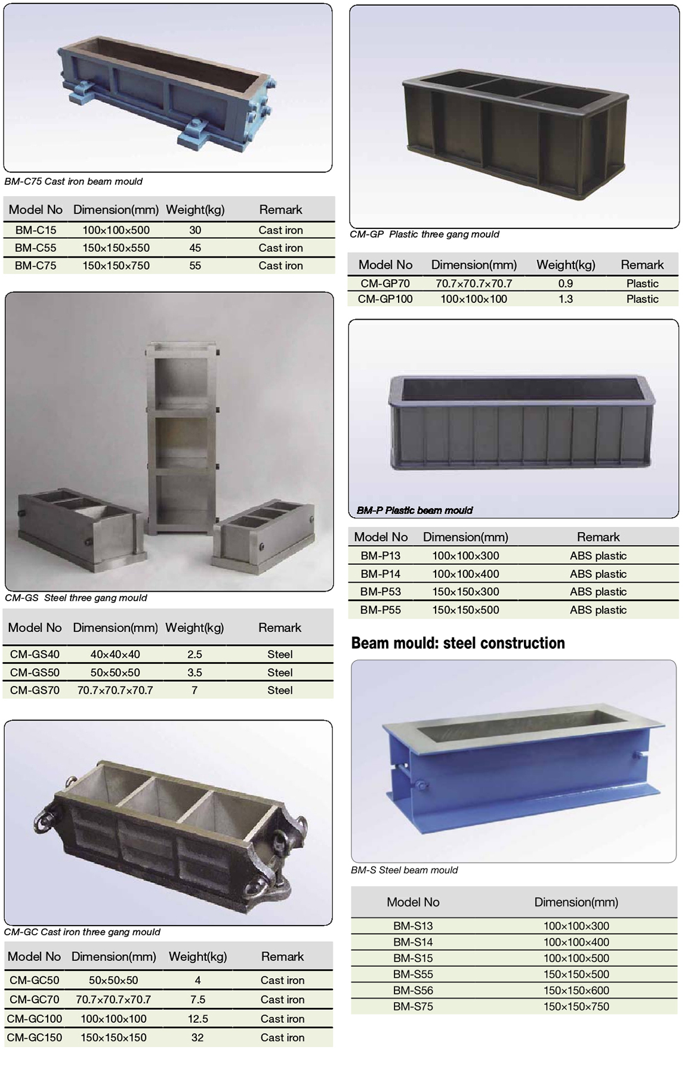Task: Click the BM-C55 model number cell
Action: tap(35, 248)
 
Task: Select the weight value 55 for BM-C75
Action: tap(195, 265)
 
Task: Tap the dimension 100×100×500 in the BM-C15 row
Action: tap(116, 230)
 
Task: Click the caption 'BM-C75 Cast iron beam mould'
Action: tap(73, 181)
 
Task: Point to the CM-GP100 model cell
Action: tap(385, 299)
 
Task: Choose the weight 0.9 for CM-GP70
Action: tap(566, 283)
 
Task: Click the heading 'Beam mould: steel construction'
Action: tap(458, 643)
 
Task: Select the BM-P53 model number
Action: tap(381, 592)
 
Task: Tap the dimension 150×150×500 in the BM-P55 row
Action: tap(465, 610)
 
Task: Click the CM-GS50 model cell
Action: tap(35, 672)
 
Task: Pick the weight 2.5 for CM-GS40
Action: tap(195, 654)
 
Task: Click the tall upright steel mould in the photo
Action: tap(183, 440)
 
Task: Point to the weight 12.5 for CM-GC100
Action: tap(198, 1019)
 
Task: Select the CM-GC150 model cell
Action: tap(35, 1037)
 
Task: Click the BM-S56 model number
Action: tap(413, 990)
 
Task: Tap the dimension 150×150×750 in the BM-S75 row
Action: tap(576, 1006)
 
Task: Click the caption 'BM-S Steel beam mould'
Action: tap(405, 870)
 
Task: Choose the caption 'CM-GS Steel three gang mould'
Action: tap(76, 598)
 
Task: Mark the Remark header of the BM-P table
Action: tap(598, 537)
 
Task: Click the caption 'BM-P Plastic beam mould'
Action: tap(415, 510)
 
